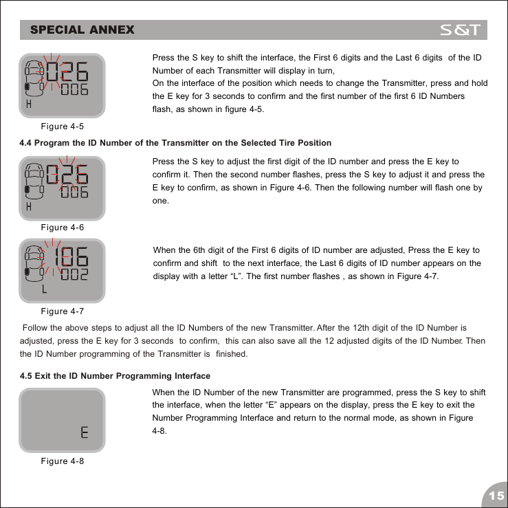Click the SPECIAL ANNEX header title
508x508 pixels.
pos(82,30)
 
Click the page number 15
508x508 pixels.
pos(494,496)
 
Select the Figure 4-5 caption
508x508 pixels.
pos(64,126)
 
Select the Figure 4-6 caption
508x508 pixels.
pos(64,228)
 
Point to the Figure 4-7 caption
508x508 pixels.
pos(64,312)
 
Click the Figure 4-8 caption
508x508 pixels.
pos(64,461)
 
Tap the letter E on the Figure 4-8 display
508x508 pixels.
pos(84,433)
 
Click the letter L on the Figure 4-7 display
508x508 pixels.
pos(45,289)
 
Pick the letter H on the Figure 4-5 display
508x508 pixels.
pos(29,104)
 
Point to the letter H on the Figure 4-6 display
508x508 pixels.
pos(29,206)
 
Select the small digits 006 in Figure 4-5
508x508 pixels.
pos(74,91)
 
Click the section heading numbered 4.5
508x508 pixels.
pos(115,376)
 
